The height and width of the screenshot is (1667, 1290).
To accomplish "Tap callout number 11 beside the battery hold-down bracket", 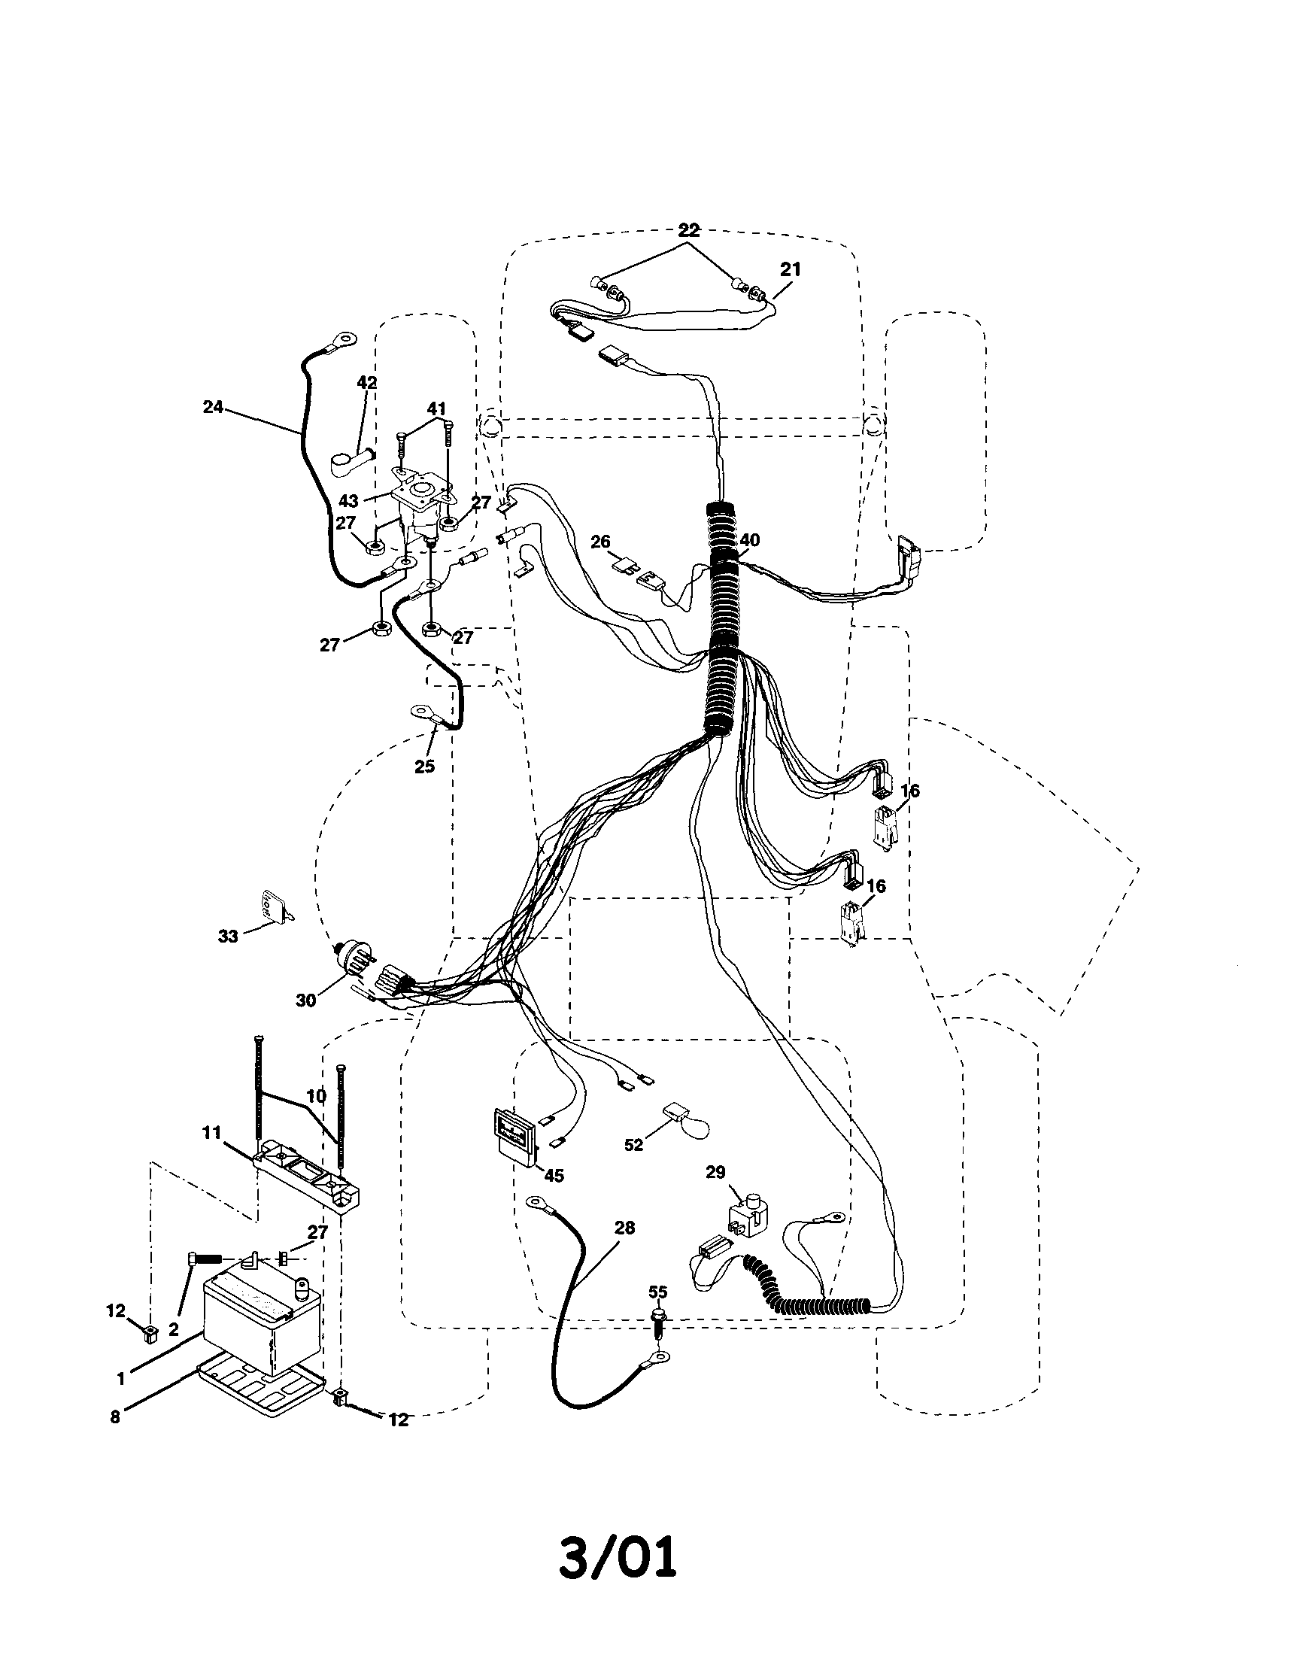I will [211, 1133].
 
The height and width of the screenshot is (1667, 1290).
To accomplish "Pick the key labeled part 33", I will [275, 906].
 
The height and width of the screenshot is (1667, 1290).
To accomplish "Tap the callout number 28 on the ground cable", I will [624, 1228].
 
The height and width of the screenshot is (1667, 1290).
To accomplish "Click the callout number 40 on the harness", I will [750, 539].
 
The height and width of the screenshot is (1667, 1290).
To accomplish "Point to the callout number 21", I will [791, 269].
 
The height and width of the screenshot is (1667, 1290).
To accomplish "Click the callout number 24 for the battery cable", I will [213, 407].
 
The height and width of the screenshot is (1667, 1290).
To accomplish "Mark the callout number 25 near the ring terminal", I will [424, 766].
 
